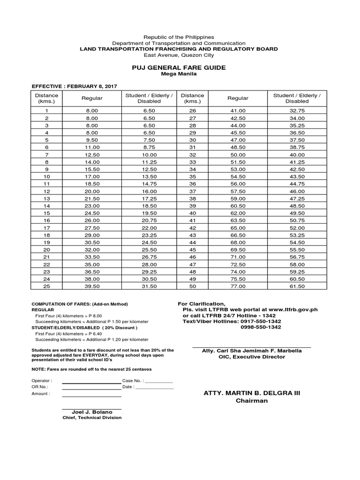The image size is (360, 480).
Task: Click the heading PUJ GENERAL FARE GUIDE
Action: tap(179, 67)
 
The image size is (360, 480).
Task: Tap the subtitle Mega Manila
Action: tap(179, 74)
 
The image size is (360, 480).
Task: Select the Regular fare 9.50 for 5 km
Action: tap(92, 140)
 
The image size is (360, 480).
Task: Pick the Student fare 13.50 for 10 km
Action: tap(149, 177)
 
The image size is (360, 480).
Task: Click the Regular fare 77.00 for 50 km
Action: tap(238, 286)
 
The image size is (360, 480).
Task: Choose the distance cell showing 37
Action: tap(192, 191)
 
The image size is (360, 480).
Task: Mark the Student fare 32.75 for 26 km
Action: tap(297, 111)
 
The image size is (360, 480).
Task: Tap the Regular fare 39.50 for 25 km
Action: tap(92, 286)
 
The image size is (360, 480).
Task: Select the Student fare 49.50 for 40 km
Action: tap(297, 213)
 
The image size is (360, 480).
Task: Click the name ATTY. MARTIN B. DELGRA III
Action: tap(251, 393)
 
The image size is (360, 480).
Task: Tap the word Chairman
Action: tap(251, 401)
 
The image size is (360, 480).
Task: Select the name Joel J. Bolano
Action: tap(92, 412)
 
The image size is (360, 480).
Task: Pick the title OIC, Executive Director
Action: tap(251, 357)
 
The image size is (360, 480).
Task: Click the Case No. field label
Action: tap(133, 381)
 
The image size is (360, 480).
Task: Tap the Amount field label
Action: tap(41, 394)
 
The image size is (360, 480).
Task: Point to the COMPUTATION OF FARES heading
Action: tap(79, 304)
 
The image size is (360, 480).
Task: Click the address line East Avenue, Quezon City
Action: tap(179, 55)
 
